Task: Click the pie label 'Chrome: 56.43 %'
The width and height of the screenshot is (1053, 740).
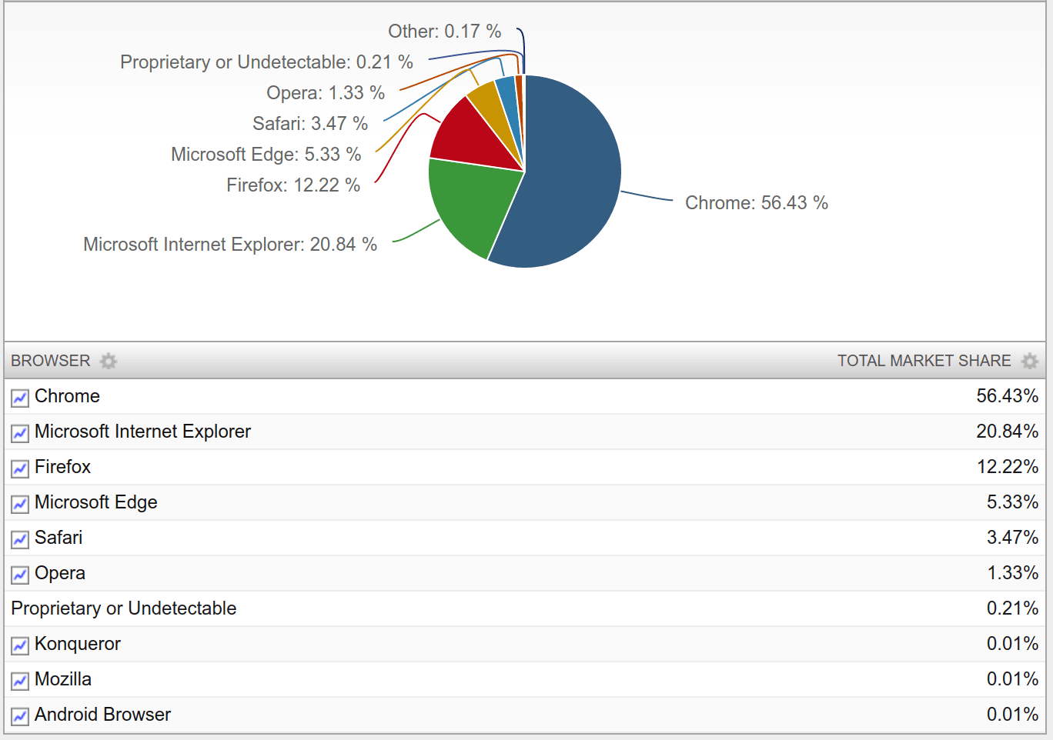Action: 756,203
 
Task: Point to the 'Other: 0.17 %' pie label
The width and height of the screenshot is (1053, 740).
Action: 444,32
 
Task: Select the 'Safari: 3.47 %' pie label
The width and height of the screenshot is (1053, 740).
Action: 310,124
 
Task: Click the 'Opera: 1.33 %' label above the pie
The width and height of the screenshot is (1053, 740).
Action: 325,93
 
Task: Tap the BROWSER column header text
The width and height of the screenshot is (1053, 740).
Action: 51,361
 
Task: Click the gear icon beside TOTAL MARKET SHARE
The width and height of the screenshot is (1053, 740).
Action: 1029,361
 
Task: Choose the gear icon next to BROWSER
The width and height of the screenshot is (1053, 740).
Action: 109,361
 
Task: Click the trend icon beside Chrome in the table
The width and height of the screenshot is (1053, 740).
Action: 20,398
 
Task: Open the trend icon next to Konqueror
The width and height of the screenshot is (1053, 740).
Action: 20,645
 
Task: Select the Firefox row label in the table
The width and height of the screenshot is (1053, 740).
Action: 62,467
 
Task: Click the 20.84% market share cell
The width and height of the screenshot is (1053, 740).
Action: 1007,432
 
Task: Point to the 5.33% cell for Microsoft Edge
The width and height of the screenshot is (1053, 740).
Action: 1012,502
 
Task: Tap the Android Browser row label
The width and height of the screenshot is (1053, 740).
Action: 102,715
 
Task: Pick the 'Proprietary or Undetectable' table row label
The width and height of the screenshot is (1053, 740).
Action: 124,608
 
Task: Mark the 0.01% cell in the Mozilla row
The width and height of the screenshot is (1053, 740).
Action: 1012,679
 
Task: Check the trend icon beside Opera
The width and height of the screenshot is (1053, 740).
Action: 20,575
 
